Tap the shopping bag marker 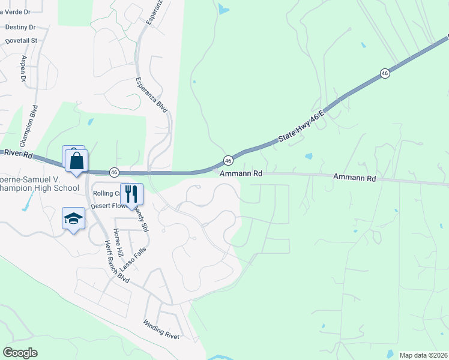[x=77, y=161]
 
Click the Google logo [x=20, y=353]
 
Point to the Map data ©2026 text [x=423, y=355]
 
